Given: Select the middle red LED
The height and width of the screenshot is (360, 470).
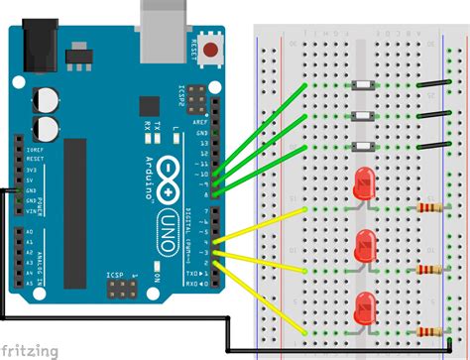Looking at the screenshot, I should coord(366,243).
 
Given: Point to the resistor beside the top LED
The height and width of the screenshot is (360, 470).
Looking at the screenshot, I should coord(428,209).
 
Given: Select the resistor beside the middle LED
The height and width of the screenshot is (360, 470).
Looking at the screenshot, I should coord(428,269).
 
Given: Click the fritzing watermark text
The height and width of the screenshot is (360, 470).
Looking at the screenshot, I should coord(30,350).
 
